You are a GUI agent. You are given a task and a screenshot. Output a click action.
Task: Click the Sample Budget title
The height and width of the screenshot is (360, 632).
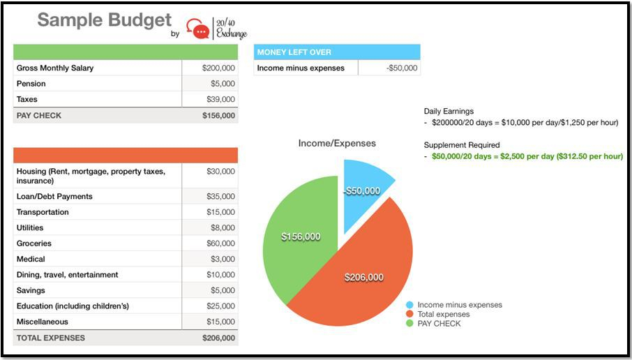point(104,20)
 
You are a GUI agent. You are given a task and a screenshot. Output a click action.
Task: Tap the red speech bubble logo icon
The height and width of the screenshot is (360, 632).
point(201,31)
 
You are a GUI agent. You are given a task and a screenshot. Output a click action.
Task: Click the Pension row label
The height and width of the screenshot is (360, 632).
point(31,84)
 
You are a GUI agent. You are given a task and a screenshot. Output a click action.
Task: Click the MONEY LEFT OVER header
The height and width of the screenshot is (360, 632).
point(294,52)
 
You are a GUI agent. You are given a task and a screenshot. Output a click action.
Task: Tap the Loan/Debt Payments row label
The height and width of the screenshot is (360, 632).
point(54,197)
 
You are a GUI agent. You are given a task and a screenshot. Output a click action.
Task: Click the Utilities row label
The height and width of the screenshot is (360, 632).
point(30,228)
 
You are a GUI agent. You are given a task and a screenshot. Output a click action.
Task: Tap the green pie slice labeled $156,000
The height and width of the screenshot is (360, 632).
point(301,237)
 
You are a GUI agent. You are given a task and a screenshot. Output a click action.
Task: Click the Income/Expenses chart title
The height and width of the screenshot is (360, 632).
point(337,144)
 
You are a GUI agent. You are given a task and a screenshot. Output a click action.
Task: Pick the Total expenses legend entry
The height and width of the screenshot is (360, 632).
point(443,315)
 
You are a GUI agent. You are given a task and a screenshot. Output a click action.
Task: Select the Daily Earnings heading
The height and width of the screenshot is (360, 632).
point(449,112)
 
